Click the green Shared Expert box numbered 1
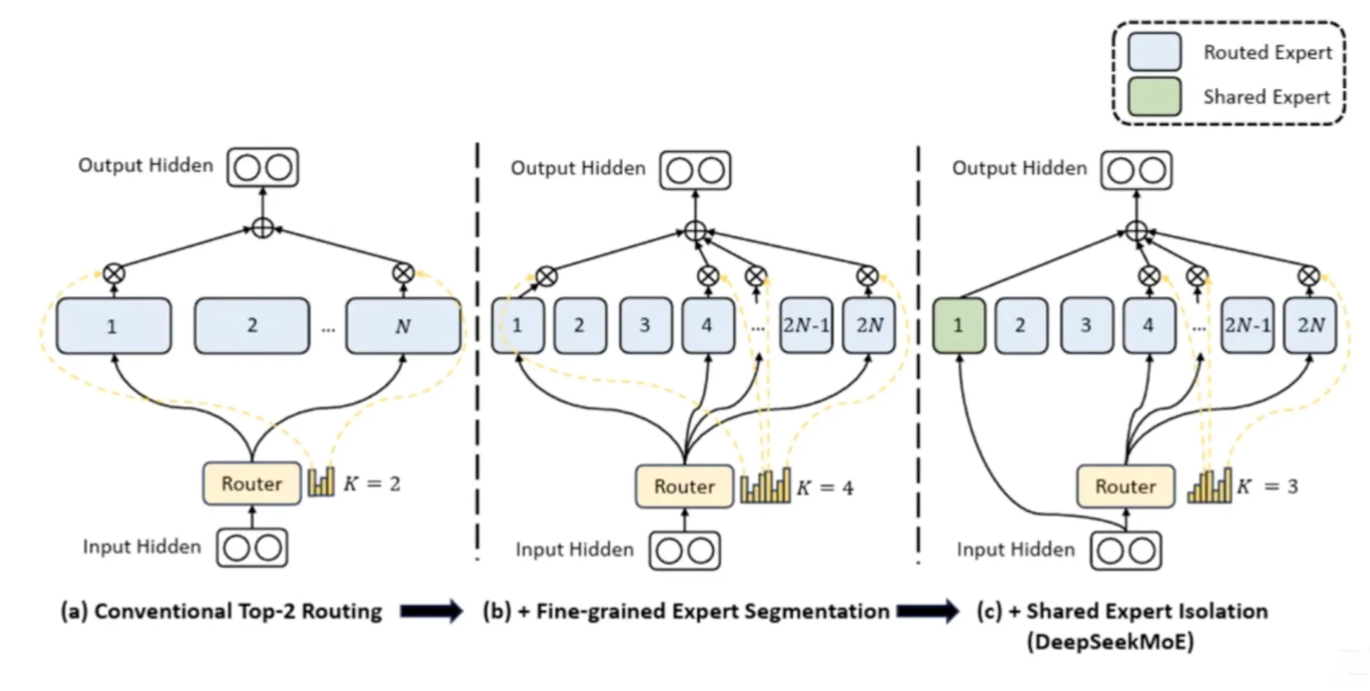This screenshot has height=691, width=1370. click(958, 326)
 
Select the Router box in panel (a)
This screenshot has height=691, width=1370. click(251, 484)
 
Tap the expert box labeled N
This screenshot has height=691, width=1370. click(403, 327)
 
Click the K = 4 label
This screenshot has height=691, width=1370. click(825, 487)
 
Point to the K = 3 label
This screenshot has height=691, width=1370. click(1266, 486)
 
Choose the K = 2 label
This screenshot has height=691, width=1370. click(371, 483)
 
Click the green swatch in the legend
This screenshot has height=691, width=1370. click(1154, 97)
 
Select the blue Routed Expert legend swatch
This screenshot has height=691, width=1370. click(1154, 52)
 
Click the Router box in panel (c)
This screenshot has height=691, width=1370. click(1125, 486)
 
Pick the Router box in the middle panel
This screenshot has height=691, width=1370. click(684, 486)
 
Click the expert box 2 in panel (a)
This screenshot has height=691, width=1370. click(251, 326)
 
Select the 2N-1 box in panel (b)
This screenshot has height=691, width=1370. click(805, 326)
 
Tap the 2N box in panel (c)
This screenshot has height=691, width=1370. click(1310, 326)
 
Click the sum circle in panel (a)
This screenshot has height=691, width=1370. click(262, 229)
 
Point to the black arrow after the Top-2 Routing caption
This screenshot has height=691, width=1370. click(431, 611)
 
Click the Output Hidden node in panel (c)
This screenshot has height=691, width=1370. click(1136, 169)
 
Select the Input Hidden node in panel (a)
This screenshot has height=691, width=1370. click(252, 548)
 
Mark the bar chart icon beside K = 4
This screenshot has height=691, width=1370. click(765, 486)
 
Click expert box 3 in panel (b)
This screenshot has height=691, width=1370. click(645, 326)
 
